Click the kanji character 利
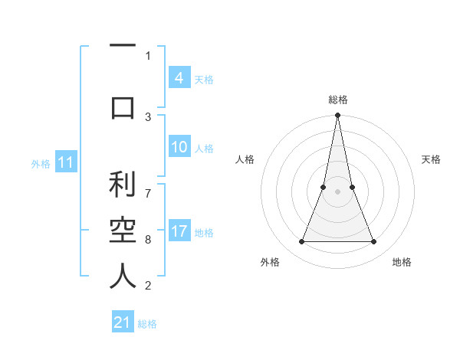(x=123, y=185)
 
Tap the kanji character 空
(x=123, y=230)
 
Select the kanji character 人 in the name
(x=123, y=276)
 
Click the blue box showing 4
(x=179, y=78)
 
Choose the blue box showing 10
(x=179, y=147)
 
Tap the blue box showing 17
(x=179, y=231)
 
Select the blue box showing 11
(x=65, y=162)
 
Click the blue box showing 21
(x=123, y=322)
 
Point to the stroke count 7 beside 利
(x=148, y=185)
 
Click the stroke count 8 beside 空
(x=148, y=239)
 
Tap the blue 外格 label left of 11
(x=41, y=163)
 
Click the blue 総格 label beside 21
(x=147, y=324)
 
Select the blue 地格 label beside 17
(x=204, y=232)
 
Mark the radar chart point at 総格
(x=337, y=116)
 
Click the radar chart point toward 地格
(x=374, y=242)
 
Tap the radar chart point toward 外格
(x=301, y=242)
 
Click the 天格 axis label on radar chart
(x=432, y=159)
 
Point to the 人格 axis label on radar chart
(x=245, y=159)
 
